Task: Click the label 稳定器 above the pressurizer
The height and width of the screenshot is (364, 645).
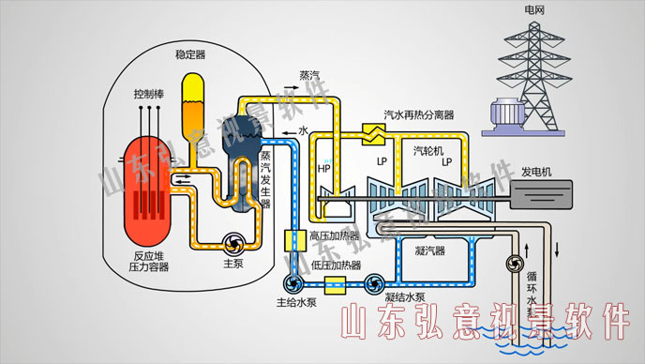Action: point(191,54)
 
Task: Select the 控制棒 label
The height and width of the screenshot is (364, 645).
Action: point(151,94)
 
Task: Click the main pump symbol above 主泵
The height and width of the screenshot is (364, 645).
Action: point(233,243)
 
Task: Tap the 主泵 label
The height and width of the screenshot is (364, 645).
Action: point(233,265)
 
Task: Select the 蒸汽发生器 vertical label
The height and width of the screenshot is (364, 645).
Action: point(265,177)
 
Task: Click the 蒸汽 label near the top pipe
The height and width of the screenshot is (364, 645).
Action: point(309,75)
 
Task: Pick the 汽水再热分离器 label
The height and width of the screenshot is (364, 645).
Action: point(419,114)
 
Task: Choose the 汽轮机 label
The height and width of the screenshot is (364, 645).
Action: point(429,149)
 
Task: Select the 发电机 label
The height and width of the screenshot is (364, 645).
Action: point(537,172)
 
